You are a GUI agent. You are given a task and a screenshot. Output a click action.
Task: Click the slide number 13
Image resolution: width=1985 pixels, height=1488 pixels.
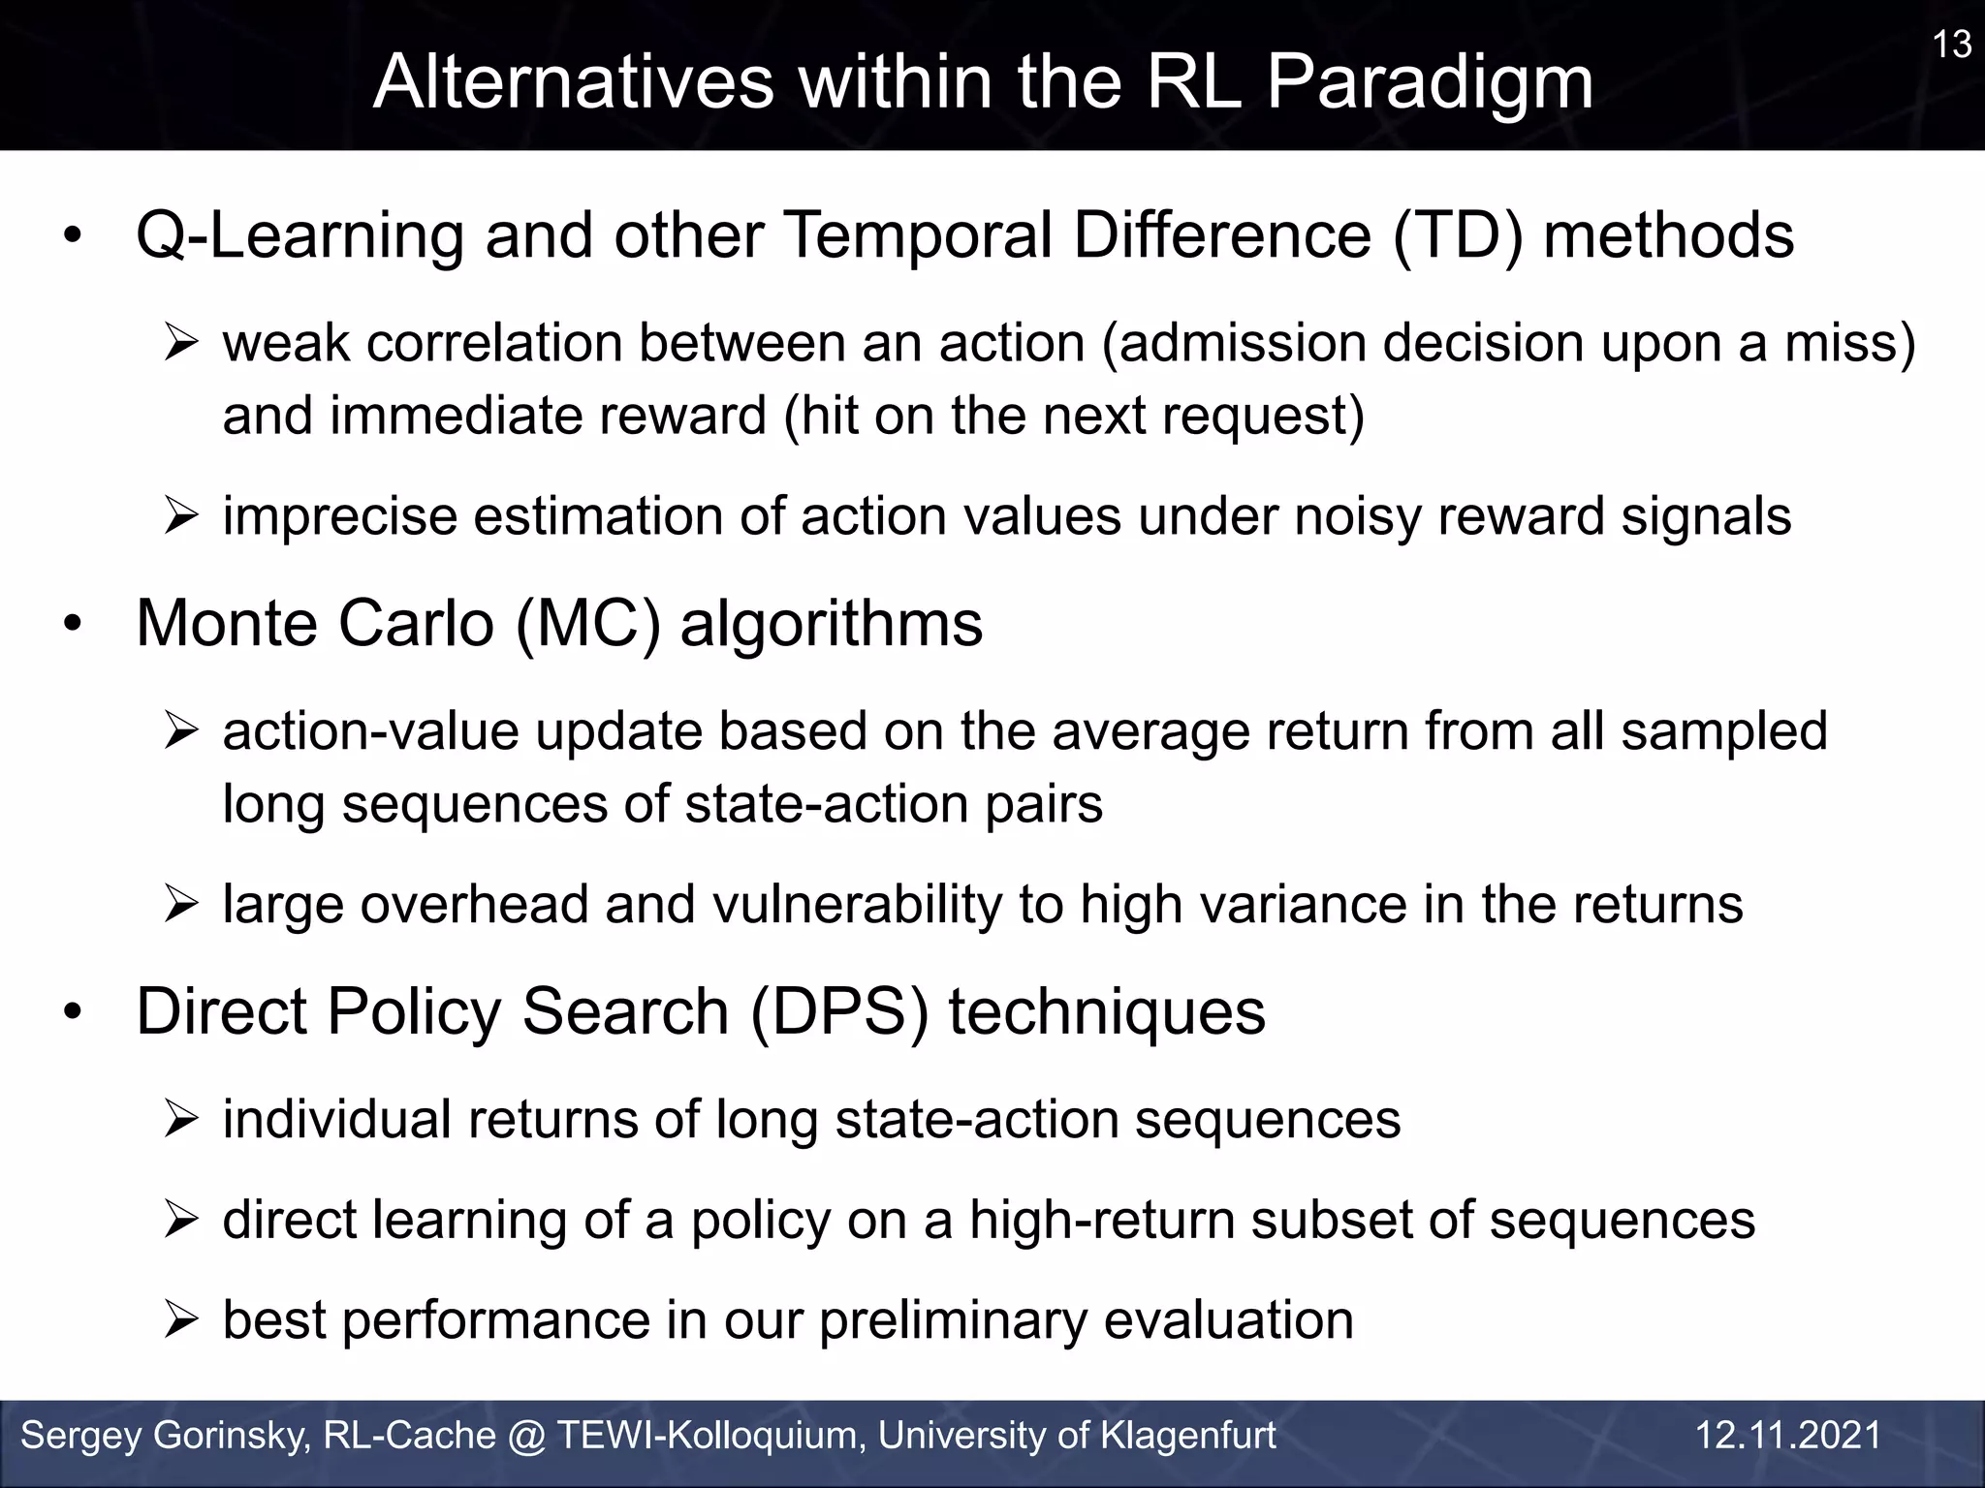coord(1952,45)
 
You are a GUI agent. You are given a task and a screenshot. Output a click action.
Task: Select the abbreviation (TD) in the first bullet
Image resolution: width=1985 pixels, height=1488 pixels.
coord(1457,235)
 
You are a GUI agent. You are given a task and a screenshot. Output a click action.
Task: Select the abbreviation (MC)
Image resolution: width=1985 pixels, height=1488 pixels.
coord(588,623)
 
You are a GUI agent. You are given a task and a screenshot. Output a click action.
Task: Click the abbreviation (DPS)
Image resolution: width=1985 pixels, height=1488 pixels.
coord(839,1011)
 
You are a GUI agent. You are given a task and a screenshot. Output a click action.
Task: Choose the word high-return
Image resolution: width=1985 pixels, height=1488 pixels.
coord(1101,1220)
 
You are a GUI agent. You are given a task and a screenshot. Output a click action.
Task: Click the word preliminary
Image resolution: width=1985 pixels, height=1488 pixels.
coord(954,1320)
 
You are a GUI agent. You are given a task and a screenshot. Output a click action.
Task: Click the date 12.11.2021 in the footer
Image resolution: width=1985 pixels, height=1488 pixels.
coord(1788,1436)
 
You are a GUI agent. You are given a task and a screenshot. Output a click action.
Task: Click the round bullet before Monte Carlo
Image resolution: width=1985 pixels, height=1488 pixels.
coord(73,626)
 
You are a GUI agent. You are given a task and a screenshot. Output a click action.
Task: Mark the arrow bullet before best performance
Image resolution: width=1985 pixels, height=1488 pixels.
coord(181,1320)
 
